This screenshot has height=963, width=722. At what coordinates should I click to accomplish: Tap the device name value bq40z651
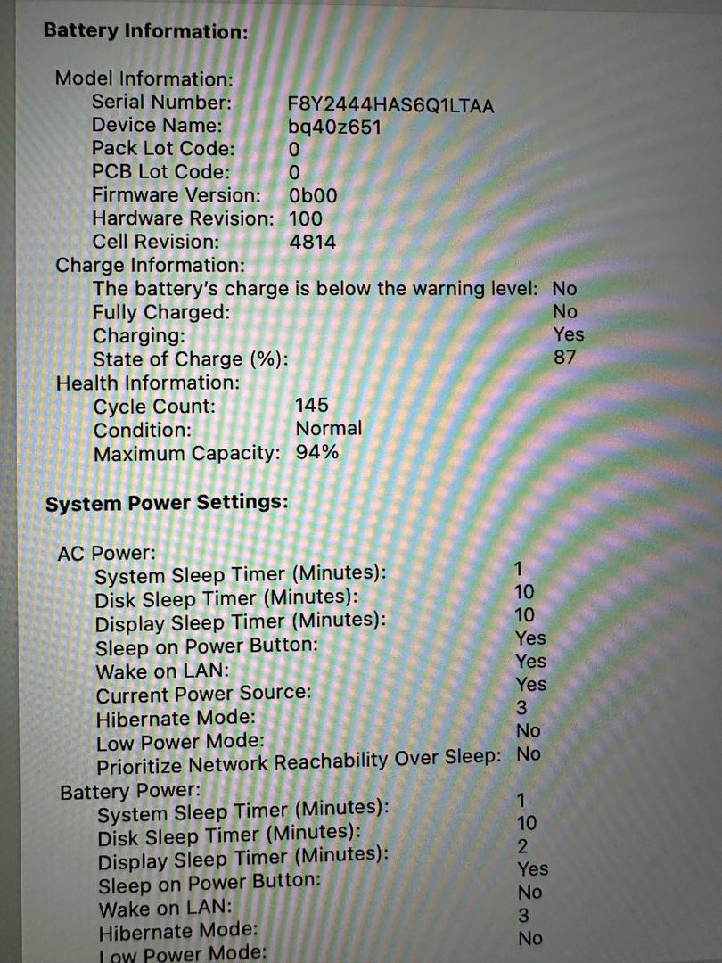coord(335,128)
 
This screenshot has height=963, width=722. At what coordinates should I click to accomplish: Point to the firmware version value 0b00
coord(313,195)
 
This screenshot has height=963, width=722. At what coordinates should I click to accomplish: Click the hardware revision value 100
coord(307,218)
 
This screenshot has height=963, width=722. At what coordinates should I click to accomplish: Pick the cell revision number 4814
coord(313,242)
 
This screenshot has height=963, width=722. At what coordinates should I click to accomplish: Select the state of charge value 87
coord(564,358)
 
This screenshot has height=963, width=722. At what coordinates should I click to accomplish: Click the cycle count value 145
coord(311,406)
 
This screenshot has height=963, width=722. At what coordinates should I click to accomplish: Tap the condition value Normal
coord(329,429)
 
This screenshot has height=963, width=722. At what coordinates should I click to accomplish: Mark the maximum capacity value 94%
coord(317,452)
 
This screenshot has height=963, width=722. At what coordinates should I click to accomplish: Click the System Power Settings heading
coord(167,503)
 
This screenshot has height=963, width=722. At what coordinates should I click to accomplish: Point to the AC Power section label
coord(94,553)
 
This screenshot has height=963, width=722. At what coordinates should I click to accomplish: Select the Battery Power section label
coord(130,791)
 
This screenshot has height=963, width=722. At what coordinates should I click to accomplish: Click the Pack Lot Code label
coord(163,149)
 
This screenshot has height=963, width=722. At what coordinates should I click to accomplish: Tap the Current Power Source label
coord(204,693)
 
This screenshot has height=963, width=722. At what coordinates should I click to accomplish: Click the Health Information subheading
coord(148,383)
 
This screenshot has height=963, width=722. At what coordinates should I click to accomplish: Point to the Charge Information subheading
coord(149,265)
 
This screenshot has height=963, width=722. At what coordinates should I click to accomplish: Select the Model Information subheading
coord(144,78)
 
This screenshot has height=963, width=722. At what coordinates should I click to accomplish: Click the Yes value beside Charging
coord(569,334)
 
